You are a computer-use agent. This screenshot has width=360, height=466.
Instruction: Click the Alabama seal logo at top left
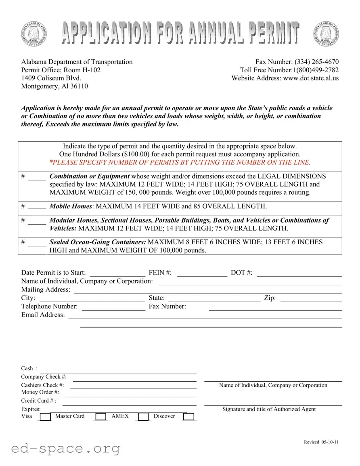(33, 34)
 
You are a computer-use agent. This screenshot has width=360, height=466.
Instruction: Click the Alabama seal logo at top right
(326, 34)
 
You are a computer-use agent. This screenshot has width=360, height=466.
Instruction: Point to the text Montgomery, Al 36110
(54, 86)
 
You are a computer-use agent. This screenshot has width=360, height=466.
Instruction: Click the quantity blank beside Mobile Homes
(37, 207)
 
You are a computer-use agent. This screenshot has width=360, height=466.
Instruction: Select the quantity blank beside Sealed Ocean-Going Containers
(37, 243)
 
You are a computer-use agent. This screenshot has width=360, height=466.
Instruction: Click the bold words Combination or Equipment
(89, 176)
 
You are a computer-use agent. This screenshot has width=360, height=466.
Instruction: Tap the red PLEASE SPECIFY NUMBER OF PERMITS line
(180, 162)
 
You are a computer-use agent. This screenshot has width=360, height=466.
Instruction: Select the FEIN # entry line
(202, 273)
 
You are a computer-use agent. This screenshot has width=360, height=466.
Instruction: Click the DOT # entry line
(299, 273)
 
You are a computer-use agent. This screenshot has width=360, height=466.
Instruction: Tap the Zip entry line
(311, 298)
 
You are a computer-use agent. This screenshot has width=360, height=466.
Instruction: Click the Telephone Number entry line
(113, 307)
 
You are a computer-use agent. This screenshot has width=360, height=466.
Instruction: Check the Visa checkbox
(46, 417)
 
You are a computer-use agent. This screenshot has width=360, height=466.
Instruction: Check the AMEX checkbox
(143, 417)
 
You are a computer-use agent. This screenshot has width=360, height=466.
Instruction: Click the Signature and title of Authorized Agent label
(269, 409)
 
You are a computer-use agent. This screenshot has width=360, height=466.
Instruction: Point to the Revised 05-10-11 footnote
(321, 442)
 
